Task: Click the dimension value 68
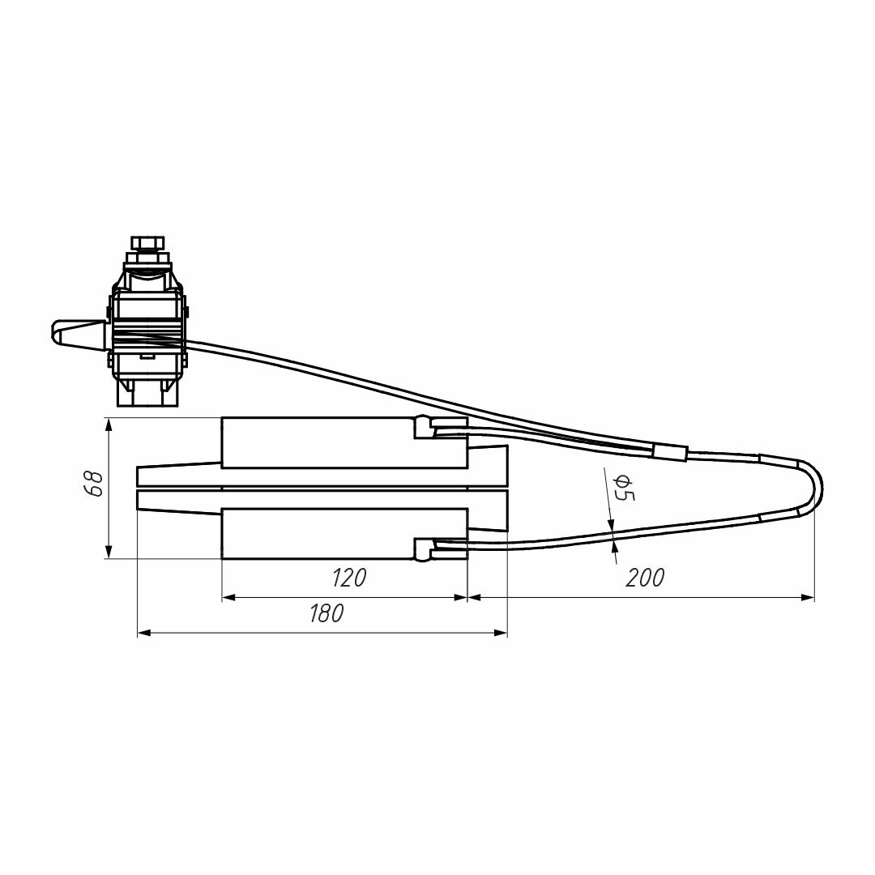pyautogui.click(x=96, y=484)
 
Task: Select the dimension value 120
pyautogui.click(x=349, y=578)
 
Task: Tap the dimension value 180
pyautogui.click(x=327, y=613)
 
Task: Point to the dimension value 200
pyautogui.click(x=645, y=578)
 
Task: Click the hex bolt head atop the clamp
pyautogui.click(x=148, y=245)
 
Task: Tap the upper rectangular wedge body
pyautogui.click(x=344, y=442)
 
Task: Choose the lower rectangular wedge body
pyautogui.click(x=344, y=534)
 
